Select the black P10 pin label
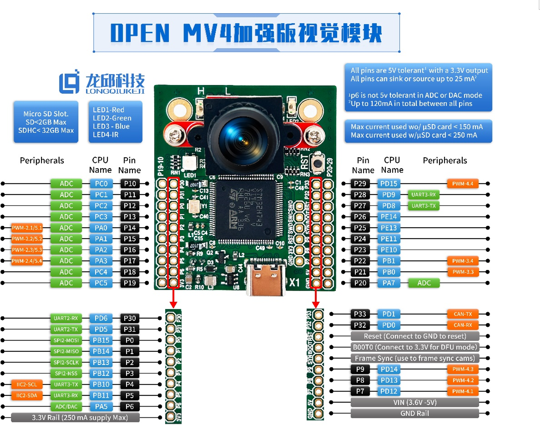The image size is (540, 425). [130, 184]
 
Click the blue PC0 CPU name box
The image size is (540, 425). [101, 184]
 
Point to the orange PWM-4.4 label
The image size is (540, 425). [463, 184]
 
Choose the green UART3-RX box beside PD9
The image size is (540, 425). [423, 195]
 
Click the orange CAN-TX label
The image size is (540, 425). [463, 314]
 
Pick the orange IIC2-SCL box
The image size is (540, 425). [27, 384]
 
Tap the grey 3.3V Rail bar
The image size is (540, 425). [75, 417]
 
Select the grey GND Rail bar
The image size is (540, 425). [415, 413]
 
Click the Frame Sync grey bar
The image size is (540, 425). [415, 358]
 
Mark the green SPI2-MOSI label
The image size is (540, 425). [66, 340]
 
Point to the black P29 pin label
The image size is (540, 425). [360, 184]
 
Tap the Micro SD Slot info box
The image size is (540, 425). [46, 122]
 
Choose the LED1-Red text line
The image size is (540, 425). [108, 110]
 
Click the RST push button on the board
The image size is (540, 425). [318, 164]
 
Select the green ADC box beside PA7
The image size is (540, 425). [424, 283]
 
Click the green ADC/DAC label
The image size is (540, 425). [66, 407]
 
